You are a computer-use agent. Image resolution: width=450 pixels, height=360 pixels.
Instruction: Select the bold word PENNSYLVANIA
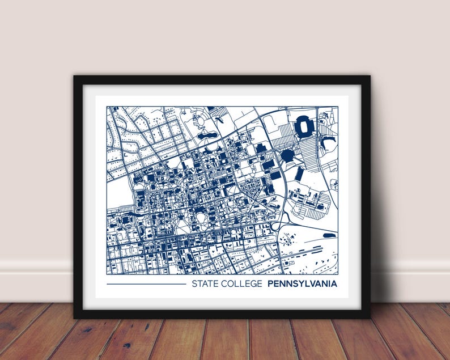pos(302,283)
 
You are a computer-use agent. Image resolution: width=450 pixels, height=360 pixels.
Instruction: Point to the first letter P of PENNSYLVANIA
pos(270,283)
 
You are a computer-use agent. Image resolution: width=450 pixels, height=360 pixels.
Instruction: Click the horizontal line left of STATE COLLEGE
pos(146,284)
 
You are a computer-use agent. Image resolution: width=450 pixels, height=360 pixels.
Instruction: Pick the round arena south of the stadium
pos(288,155)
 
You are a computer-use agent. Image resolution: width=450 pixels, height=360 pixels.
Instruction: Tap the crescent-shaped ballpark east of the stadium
pos(328,143)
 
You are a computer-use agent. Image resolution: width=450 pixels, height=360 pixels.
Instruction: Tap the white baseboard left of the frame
pos(34,281)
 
